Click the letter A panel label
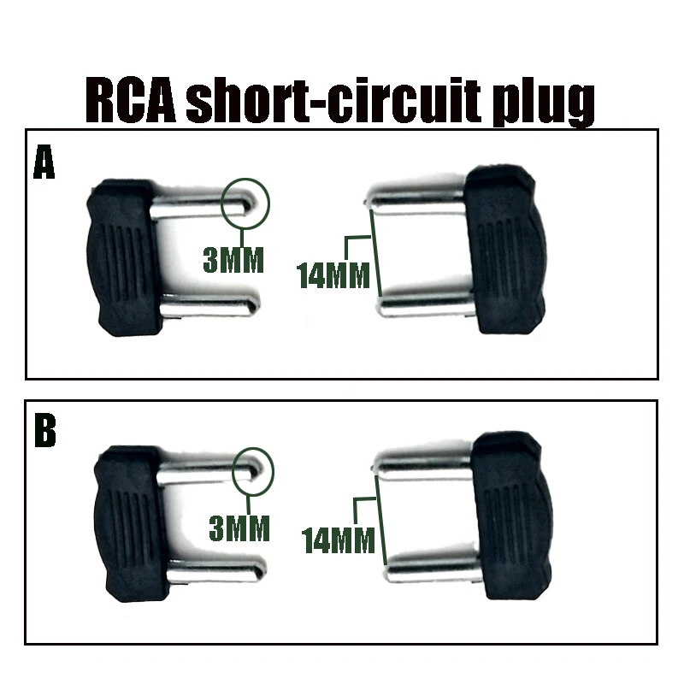pos(44,162)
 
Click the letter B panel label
pos(44,432)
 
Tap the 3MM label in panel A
pos(233,259)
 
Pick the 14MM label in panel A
pos(333,275)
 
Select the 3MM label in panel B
pos(239,528)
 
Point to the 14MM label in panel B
pos(339,540)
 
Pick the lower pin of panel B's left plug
pos(218,569)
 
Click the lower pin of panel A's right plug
pos(423,304)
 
